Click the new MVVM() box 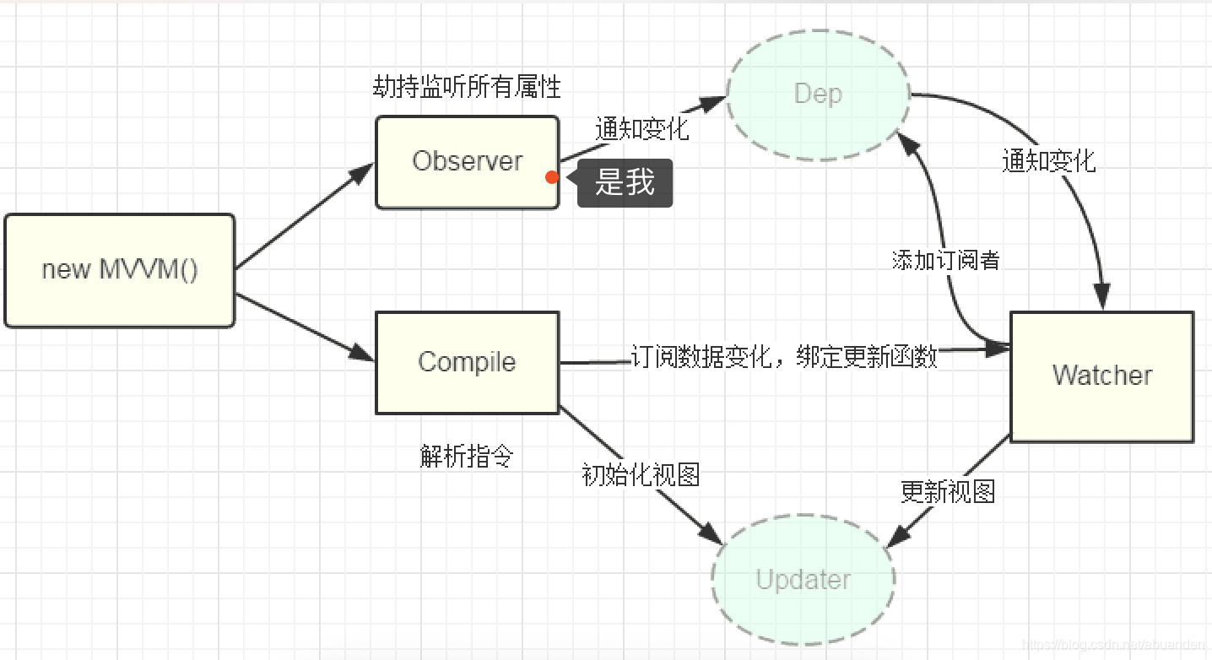119,270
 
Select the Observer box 467,161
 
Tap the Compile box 467,362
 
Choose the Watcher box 1101,376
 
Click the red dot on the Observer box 551,177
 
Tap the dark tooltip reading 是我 625,182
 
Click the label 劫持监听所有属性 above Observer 467,86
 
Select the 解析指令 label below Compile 467,457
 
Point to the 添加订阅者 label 945,260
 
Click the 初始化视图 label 641,474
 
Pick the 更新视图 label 947,491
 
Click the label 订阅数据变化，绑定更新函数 784,357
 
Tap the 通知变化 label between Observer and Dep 641,129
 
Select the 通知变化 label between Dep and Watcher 1048,161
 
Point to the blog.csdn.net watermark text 1114,645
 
